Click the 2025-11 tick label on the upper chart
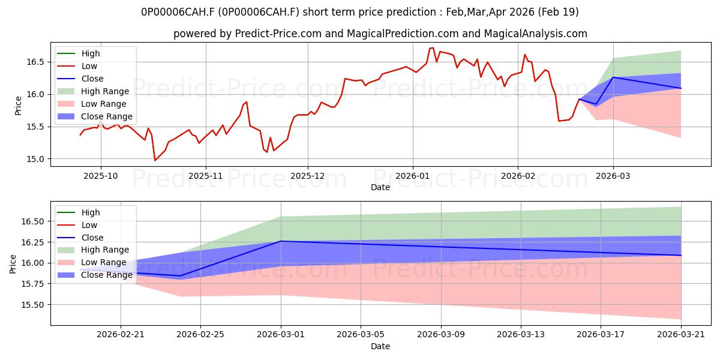(x=205, y=176)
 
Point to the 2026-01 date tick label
(x=413, y=176)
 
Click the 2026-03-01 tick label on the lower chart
(x=281, y=335)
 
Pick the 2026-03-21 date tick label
(x=681, y=335)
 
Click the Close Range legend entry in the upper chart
(x=95, y=116)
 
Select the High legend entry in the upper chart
(x=79, y=53)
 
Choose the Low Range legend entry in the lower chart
(x=92, y=262)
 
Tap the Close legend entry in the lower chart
(x=80, y=238)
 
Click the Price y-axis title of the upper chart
(x=19, y=106)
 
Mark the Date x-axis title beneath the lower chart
(x=380, y=347)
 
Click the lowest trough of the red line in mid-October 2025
(x=155, y=160)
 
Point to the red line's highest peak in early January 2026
(x=433, y=48)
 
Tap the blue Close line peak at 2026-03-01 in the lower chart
(x=281, y=241)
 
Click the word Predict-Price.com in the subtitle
(x=278, y=34)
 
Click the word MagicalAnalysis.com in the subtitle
(x=535, y=34)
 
